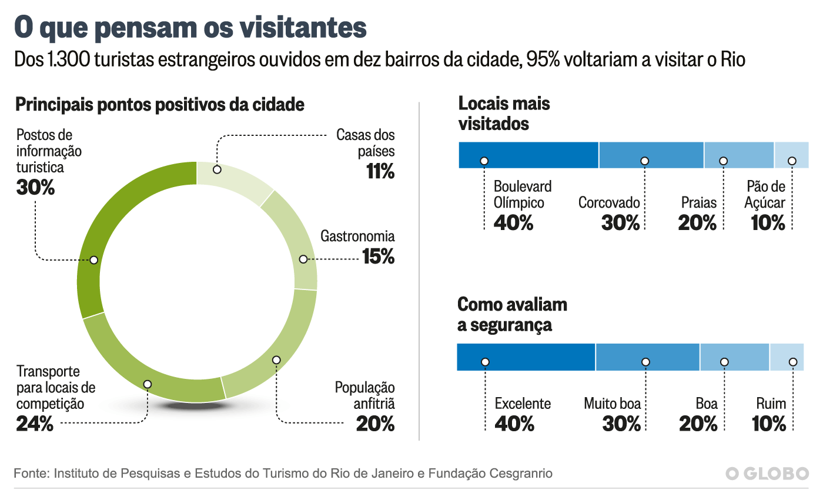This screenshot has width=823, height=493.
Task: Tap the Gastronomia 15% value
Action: pyautogui.click(x=378, y=257)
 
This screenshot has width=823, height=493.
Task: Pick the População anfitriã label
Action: pyautogui.click(x=364, y=396)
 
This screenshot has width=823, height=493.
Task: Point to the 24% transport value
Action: pyautogui.click(x=35, y=424)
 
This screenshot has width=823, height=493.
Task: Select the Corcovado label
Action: pyautogui.click(x=609, y=203)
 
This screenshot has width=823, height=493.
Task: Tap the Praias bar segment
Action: pyautogui.click(x=738, y=155)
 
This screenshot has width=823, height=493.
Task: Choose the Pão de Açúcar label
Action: pyautogui.click(x=765, y=195)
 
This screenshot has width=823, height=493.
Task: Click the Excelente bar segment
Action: pyautogui.click(x=526, y=357)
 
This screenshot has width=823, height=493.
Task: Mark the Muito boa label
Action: pyautogui.click(x=612, y=404)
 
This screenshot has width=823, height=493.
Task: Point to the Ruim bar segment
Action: pyautogui.click(x=787, y=357)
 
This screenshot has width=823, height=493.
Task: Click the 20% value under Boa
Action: pyautogui.click(x=698, y=424)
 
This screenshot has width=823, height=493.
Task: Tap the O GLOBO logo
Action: pyautogui.click(x=767, y=474)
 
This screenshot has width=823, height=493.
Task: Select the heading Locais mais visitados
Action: pyautogui.click(x=504, y=114)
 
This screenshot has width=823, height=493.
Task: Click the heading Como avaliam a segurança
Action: pyautogui.click(x=512, y=315)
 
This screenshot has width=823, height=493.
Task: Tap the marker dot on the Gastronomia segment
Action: pyautogui.click(x=303, y=259)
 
